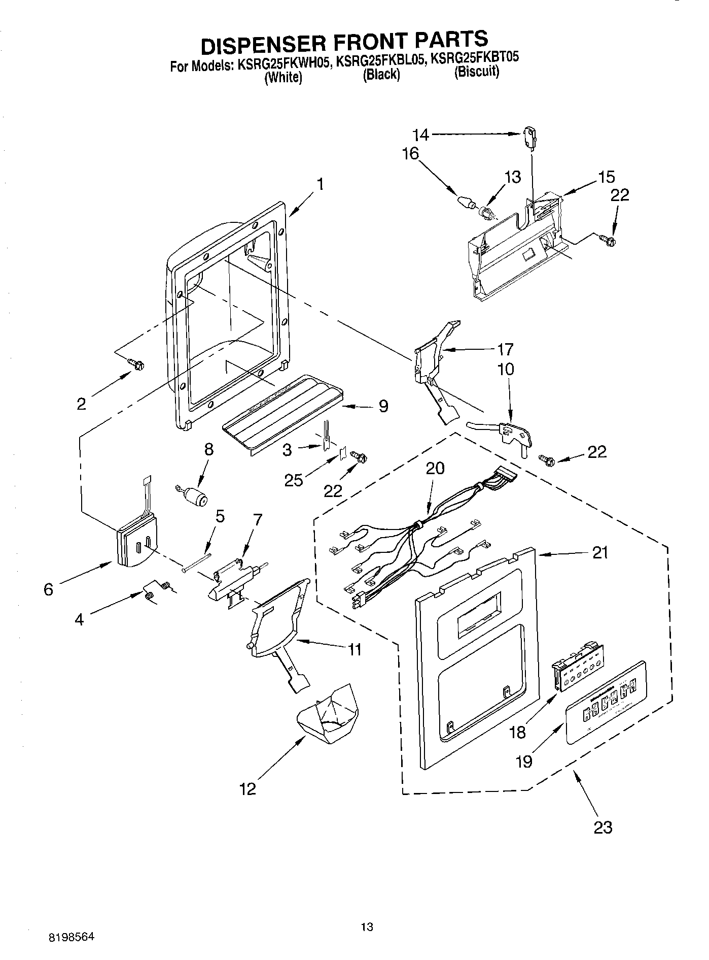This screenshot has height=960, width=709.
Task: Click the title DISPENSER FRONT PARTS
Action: pyautogui.click(x=344, y=42)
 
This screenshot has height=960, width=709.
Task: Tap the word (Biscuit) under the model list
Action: pyautogui.click(x=476, y=72)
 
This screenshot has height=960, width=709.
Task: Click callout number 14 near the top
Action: pyautogui.click(x=420, y=135)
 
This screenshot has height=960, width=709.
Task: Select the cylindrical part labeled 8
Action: pyautogui.click(x=195, y=496)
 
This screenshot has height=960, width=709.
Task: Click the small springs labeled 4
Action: pyautogui.click(x=156, y=591)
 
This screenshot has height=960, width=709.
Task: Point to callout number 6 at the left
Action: pyautogui.click(x=49, y=589)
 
